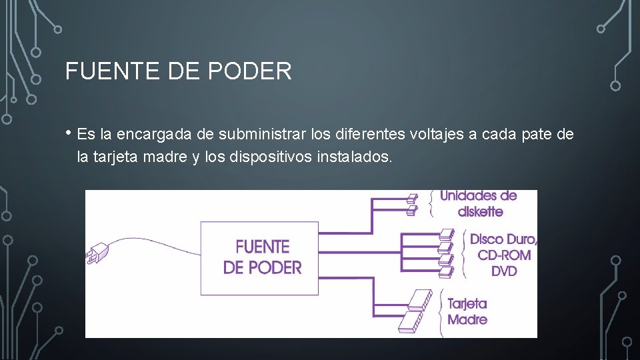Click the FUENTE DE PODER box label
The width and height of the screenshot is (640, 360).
262,257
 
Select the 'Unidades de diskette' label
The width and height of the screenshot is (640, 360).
478,203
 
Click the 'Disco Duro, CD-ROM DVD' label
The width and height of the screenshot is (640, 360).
503,255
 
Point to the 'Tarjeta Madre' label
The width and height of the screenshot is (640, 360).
467,311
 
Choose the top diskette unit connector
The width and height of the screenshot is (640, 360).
412,197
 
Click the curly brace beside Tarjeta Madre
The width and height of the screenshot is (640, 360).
441,311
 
